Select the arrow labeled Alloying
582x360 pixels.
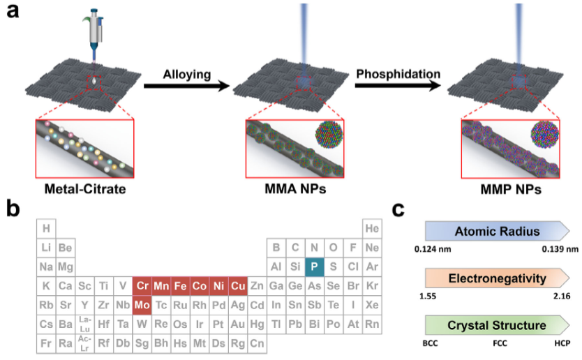click(187, 86)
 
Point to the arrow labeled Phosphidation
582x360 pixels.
click(398, 86)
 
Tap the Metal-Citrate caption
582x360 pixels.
click(85, 189)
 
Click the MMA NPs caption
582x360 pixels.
click(295, 189)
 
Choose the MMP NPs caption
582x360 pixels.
click(511, 189)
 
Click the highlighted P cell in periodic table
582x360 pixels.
click(315, 267)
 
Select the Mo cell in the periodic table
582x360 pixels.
click(142, 305)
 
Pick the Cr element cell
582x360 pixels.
click(142, 286)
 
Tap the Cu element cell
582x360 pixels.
click(238, 286)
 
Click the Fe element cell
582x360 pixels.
click(180, 286)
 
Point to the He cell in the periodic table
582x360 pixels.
click(372, 228)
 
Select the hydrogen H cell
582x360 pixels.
click(46, 228)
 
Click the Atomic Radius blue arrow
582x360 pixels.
click(498, 231)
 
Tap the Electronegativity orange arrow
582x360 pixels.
click(498, 278)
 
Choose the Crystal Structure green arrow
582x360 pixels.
click(498, 326)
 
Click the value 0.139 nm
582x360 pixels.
click(560, 249)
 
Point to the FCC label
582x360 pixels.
click(500, 343)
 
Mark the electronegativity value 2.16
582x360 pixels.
click(562, 297)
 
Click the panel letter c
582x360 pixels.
click(398, 210)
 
